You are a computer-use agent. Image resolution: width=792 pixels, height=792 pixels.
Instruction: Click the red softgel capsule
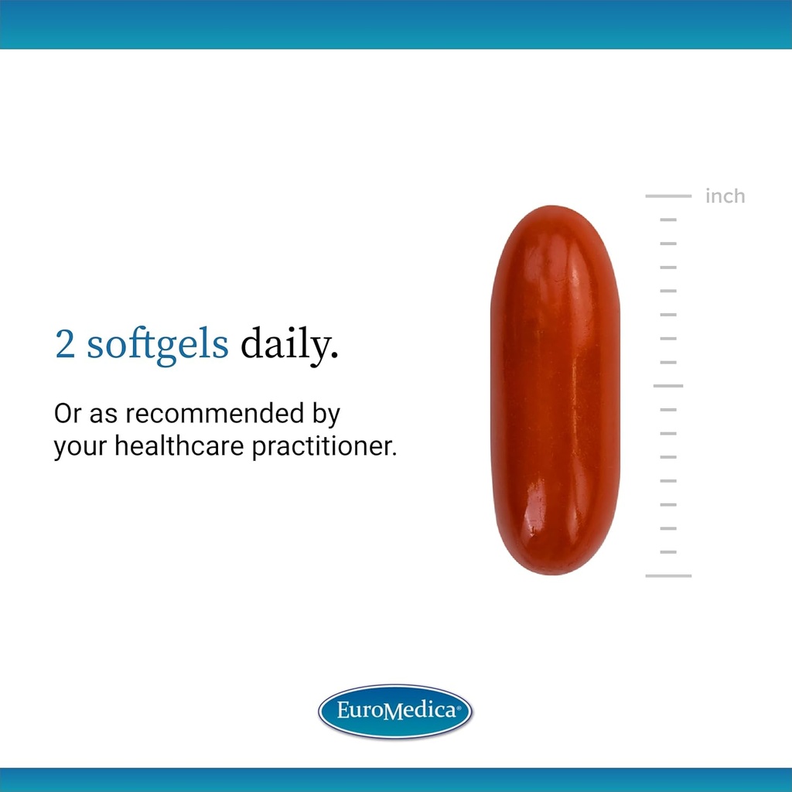(x=555, y=391)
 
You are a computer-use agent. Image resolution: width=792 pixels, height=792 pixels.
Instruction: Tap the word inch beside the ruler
(x=725, y=196)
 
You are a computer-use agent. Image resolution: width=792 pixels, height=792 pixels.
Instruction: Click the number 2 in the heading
(x=65, y=345)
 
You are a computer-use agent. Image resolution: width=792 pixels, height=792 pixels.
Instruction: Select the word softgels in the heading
(x=157, y=344)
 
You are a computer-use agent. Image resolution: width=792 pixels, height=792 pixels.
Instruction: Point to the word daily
(x=288, y=344)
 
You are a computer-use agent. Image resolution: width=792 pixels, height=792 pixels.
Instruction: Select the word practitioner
(x=324, y=448)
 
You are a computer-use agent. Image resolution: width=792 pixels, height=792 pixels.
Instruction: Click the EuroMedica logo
(x=395, y=711)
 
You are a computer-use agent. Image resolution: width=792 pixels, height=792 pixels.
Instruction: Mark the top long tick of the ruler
(x=668, y=196)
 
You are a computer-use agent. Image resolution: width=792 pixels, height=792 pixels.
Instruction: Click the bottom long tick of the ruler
(x=668, y=575)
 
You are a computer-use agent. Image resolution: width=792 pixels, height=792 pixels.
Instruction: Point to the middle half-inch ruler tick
(x=668, y=385)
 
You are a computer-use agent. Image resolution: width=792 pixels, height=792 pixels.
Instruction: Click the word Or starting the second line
(x=67, y=414)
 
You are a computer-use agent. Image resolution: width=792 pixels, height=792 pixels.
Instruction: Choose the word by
(x=326, y=415)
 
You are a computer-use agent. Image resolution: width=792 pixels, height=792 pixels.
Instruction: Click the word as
(x=103, y=415)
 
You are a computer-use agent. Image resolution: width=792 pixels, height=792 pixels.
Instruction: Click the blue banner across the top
(x=396, y=24)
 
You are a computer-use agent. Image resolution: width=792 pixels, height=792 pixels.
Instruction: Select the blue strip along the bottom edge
(x=396, y=780)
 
